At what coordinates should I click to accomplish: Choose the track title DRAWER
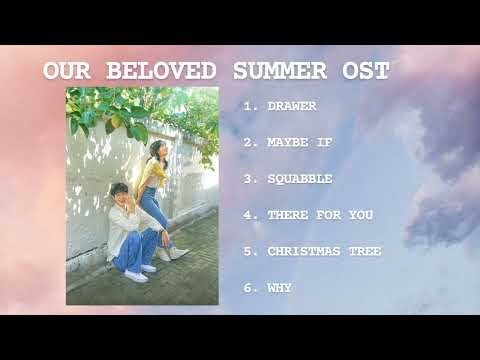pos(293,105)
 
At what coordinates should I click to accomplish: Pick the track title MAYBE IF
pos(300,142)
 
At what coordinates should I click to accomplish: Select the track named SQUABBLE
pos(300,178)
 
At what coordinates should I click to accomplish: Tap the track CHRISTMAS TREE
pos(324,251)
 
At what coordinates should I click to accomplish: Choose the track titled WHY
pos(280,287)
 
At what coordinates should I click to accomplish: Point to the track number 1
pos(248,105)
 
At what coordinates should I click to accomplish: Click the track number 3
pos(248,178)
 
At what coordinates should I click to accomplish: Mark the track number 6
pos(248,287)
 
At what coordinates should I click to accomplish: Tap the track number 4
pos(248,214)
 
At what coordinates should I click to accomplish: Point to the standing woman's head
pos(157,150)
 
